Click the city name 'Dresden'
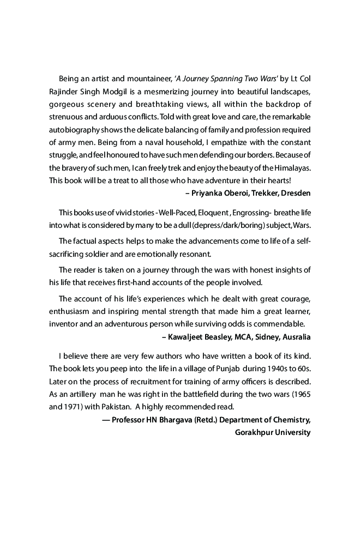tap(295, 194)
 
